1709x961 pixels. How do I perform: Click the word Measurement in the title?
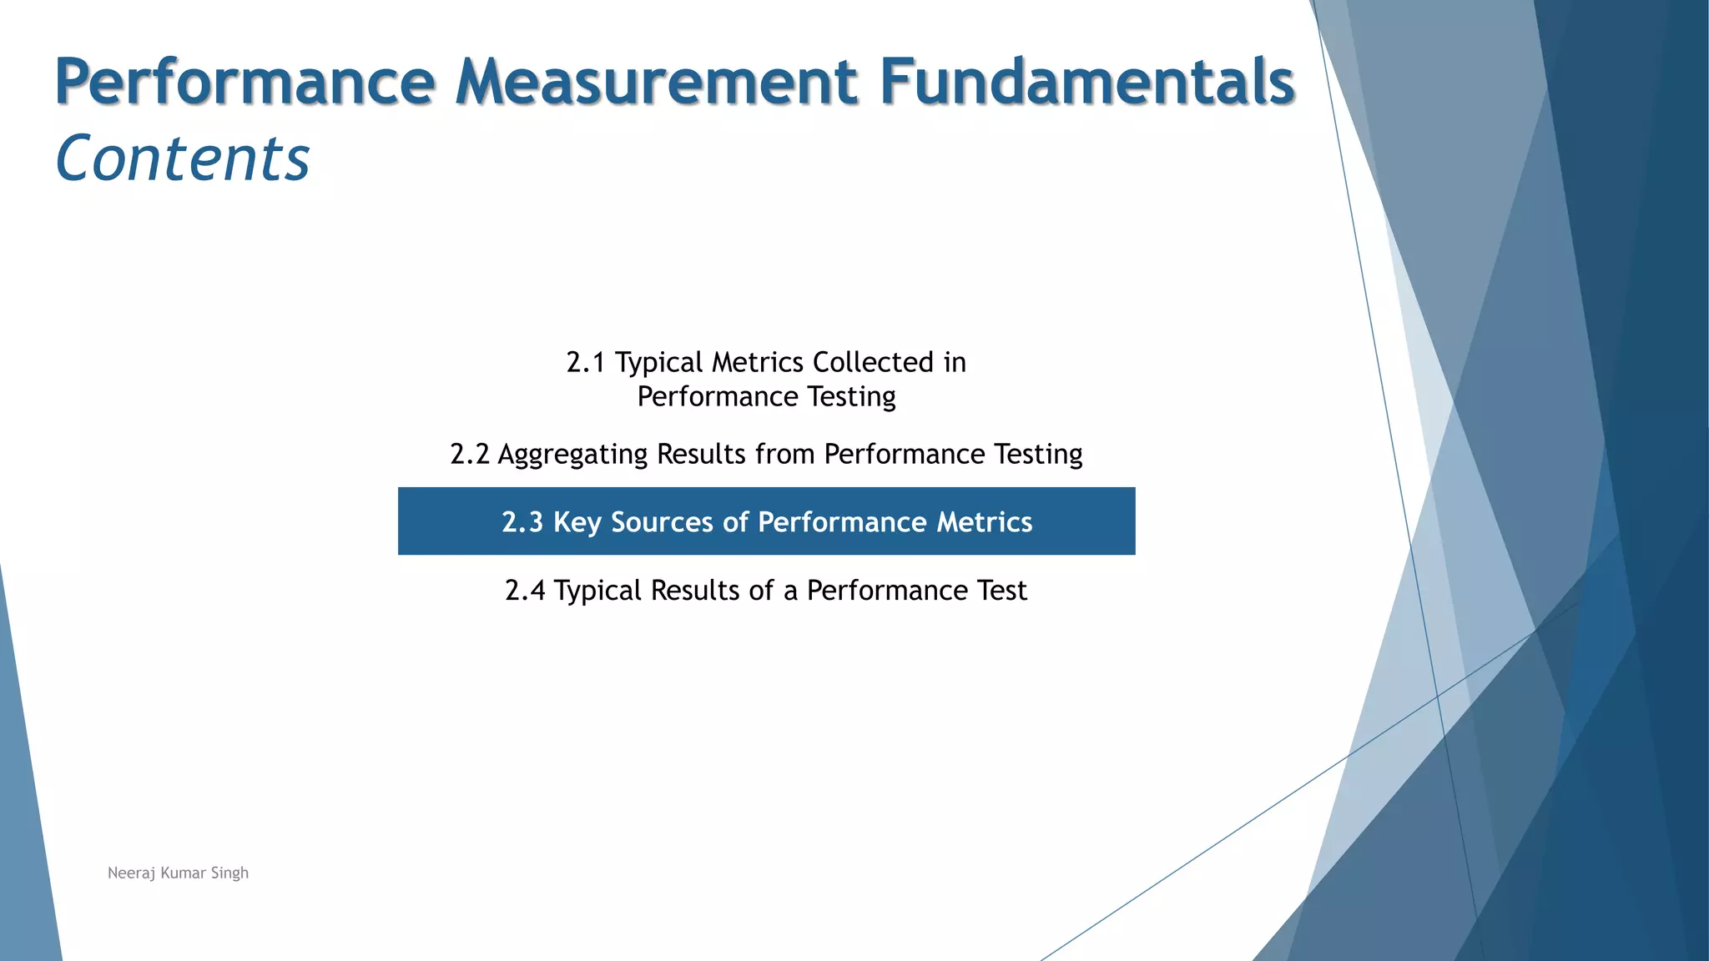(657, 82)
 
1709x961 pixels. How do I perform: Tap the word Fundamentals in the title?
(1086, 82)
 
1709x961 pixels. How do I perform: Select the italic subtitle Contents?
(183, 158)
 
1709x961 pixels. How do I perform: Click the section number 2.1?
(585, 363)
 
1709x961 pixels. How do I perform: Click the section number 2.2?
(469, 455)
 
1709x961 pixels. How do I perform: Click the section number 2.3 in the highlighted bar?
(522, 522)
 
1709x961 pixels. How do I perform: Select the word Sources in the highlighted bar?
(663, 522)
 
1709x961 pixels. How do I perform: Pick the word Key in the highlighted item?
(577, 523)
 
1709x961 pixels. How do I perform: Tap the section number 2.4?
(525, 591)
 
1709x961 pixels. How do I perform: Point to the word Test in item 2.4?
(1001, 591)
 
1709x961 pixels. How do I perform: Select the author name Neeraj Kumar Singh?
(178, 873)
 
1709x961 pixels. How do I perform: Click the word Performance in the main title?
(245, 82)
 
